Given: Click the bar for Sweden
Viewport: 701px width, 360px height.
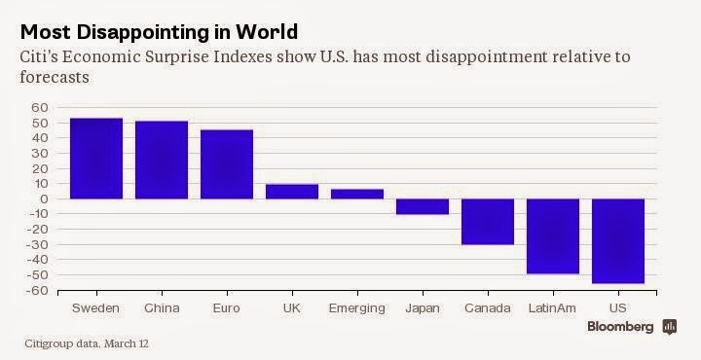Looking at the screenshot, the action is point(96,159).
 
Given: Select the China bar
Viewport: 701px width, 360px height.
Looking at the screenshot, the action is point(162,160).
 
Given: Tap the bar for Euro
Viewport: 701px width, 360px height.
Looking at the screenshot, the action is point(227,164).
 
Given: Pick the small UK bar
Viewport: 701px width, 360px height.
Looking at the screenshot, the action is point(292,192).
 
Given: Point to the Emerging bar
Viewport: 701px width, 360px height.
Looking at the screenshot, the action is point(357,194).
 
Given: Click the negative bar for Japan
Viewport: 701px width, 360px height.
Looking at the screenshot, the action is point(423,206).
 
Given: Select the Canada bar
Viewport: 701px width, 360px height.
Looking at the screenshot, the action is point(488,222).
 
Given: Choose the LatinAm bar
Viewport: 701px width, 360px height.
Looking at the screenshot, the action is point(553,236).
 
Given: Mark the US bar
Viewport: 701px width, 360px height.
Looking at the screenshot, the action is point(618,241).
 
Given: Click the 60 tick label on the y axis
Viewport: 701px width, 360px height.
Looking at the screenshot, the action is point(39,108).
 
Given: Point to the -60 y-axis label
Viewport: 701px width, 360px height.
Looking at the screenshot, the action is point(37,290).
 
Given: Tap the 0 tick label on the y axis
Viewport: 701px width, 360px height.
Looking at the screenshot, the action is point(44,198).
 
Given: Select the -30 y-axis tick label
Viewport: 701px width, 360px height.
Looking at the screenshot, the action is point(37,245).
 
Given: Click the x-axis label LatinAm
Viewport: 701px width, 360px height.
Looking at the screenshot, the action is point(552,308).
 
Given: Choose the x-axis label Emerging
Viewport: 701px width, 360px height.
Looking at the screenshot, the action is point(356,308).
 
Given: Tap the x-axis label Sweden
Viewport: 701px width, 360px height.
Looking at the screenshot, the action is point(95,308).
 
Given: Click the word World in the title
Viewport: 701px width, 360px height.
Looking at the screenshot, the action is point(267,32).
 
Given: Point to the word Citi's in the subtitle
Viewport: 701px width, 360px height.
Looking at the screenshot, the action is point(38,57).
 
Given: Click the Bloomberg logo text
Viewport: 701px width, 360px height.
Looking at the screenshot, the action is point(620,327).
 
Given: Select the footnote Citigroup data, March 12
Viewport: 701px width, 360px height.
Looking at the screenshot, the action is point(87,343).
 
